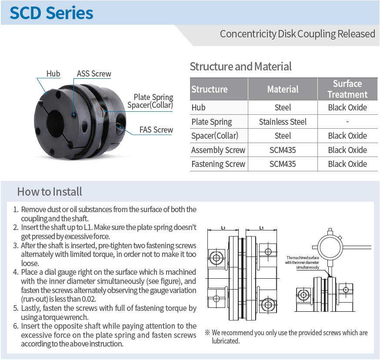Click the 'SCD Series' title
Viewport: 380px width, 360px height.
(51, 13)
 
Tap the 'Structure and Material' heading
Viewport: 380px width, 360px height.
(240, 67)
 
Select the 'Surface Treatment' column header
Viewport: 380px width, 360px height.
(347, 89)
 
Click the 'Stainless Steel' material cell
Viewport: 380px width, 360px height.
(283, 122)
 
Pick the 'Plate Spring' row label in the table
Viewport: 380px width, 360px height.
(212, 122)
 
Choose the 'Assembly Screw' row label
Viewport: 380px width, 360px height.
(218, 150)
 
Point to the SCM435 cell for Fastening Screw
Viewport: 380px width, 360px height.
(283, 164)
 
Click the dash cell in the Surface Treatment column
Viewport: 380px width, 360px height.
(347, 122)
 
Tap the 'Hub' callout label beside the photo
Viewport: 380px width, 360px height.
(53, 73)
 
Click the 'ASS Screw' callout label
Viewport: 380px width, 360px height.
(94, 73)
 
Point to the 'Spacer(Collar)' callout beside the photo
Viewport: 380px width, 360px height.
(150, 105)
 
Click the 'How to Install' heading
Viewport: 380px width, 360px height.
(50, 191)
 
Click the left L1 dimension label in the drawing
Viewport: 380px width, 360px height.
(223, 227)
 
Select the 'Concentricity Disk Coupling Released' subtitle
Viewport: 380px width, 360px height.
(297, 33)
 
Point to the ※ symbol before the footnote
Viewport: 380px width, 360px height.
(207, 333)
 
